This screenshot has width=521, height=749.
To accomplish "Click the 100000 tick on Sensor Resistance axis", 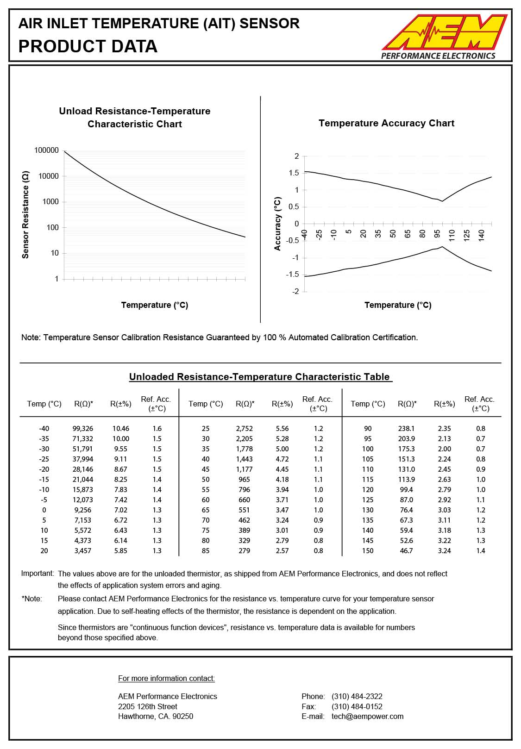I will point(46,150).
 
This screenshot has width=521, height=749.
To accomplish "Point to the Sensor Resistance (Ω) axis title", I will point(26,215).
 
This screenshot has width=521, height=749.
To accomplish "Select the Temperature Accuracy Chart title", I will point(386,123).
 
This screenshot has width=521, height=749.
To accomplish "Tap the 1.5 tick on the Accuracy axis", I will point(294,173).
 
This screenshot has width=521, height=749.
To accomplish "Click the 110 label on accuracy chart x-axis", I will point(452,234).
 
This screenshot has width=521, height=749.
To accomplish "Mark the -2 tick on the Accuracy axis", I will point(295,292).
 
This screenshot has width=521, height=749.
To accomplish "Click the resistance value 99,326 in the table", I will point(83,429).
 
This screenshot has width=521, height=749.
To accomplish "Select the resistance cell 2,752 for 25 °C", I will point(244,429).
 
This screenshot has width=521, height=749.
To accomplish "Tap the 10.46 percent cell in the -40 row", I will point(121,429).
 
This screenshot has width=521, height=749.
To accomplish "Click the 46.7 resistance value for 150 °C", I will point(406,551).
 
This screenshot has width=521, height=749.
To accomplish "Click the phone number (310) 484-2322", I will point(357,696).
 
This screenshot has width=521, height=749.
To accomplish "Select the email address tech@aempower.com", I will point(367,717).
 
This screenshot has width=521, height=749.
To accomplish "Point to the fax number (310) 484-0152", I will point(357,706).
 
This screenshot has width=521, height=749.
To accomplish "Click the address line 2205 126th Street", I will point(148,706).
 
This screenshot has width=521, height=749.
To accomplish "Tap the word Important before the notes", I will point(37,574).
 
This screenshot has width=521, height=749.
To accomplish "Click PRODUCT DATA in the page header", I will point(88,46).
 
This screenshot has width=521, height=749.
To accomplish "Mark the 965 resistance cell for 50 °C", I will point(244,480).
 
